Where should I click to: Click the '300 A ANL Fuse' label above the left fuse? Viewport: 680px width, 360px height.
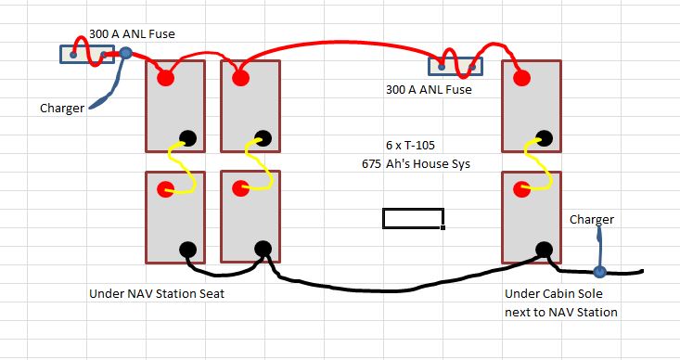click(x=132, y=33)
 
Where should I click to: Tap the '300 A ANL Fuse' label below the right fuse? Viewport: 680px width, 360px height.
click(x=429, y=90)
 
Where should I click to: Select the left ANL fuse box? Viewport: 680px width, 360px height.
click(x=87, y=54)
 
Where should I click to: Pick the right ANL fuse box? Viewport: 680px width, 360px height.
click(x=455, y=67)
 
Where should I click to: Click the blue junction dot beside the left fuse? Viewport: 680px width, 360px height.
click(x=125, y=53)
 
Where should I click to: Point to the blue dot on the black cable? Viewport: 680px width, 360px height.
click(x=599, y=272)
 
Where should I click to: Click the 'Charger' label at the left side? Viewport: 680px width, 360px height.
click(x=62, y=108)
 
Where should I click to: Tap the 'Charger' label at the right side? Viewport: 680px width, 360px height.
click(x=592, y=220)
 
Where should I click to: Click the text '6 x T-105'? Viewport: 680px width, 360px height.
click(x=410, y=146)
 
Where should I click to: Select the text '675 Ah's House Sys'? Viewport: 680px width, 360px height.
click(x=416, y=164)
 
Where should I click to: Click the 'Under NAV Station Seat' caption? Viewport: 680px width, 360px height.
click(x=157, y=293)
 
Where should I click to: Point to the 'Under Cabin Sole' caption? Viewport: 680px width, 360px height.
click(x=553, y=293)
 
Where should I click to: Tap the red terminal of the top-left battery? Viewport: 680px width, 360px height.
click(x=165, y=78)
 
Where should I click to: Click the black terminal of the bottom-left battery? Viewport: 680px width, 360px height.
click(x=187, y=250)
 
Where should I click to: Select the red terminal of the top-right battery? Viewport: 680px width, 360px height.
click(x=521, y=78)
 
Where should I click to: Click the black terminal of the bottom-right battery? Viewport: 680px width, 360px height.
click(x=545, y=250)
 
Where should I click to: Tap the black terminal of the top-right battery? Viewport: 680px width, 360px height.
click(x=545, y=138)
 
